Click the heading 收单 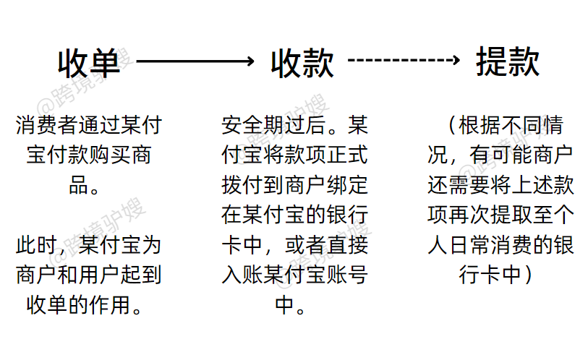pyautogui.click(x=89, y=64)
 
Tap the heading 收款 pyautogui.click(x=302, y=64)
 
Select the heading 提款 pyautogui.click(x=508, y=63)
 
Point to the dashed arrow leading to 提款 pyautogui.click(x=404, y=61)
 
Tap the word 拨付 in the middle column pyautogui.click(x=240, y=186)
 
